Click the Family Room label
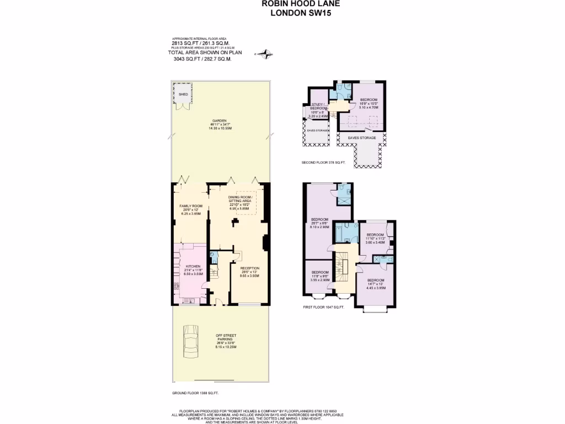point(191,209)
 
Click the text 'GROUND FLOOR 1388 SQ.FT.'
point(195,393)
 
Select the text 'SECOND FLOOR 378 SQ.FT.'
point(323,163)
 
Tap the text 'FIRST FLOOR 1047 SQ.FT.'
point(323,306)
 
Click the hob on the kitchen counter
point(177,287)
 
